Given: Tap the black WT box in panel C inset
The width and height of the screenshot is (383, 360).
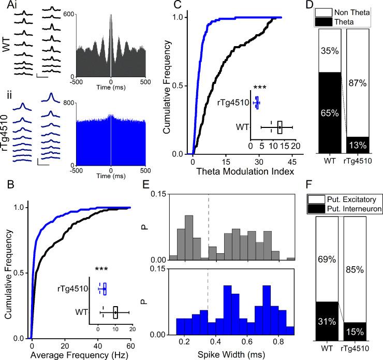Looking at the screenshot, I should (x=279, y=127).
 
